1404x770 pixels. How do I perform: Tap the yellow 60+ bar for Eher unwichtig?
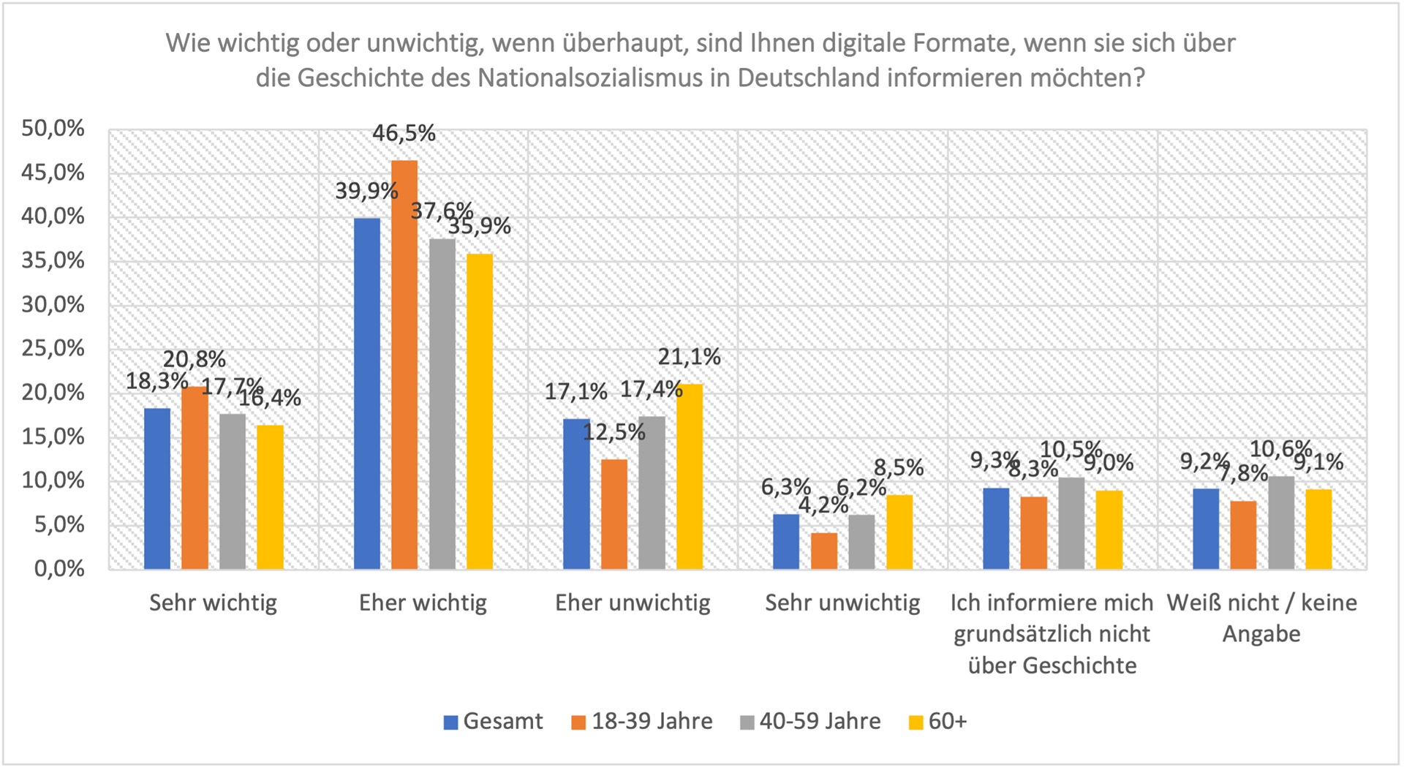pos(690,476)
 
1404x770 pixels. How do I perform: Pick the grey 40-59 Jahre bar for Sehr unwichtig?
pos(861,542)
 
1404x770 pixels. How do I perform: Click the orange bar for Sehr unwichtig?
pos(824,551)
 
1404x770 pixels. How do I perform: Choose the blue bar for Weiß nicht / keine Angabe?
pos(1206,529)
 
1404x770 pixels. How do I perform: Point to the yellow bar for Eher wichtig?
pos(480,411)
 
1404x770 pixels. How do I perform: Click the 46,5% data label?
pos(404,133)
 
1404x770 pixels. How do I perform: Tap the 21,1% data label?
pos(689,357)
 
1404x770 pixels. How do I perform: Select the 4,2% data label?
pos(823,505)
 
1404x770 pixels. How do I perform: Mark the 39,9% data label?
pos(366,192)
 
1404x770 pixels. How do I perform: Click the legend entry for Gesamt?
pos(494,722)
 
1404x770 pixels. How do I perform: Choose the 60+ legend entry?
pos(938,722)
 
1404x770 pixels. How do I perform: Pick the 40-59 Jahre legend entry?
pos(811,722)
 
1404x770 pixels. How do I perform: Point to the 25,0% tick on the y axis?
pos(53,348)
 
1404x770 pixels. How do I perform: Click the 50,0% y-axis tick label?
pos(53,129)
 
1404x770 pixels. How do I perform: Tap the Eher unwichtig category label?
pos(633,603)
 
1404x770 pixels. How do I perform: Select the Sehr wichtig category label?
pos(213,603)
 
